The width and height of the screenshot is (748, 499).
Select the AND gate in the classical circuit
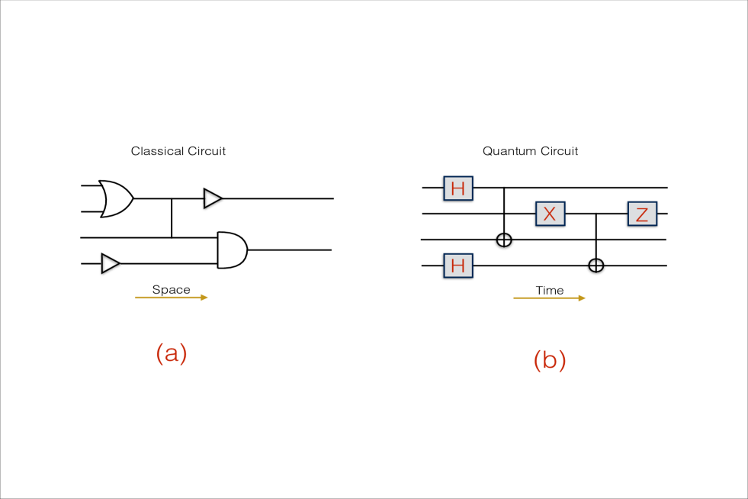(x=232, y=250)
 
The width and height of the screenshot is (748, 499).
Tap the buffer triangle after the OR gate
(x=212, y=198)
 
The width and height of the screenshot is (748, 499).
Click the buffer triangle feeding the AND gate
(x=111, y=263)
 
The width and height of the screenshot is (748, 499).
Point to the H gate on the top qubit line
(x=457, y=187)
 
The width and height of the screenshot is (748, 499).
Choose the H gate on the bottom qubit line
(x=457, y=266)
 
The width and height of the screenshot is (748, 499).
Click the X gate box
(x=549, y=214)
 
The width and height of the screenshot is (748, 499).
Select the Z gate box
(x=642, y=214)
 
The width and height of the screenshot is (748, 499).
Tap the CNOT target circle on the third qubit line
(x=504, y=240)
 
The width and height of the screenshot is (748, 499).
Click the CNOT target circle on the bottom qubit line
(x=596, y=266)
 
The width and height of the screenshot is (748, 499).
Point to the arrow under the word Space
(x=171, y=298)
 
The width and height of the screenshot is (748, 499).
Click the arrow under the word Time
(x=549, y=298)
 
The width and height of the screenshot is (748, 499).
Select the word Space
(x=171, y=289)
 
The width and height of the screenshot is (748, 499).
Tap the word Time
(x=549, y=290)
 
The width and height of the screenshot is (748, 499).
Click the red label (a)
(x=171, y=353)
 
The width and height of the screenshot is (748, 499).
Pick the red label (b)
(x=549, y=360)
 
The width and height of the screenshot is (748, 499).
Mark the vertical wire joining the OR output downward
(x=172, y=218)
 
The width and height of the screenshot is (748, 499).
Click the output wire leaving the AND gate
(x=290, y=250)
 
